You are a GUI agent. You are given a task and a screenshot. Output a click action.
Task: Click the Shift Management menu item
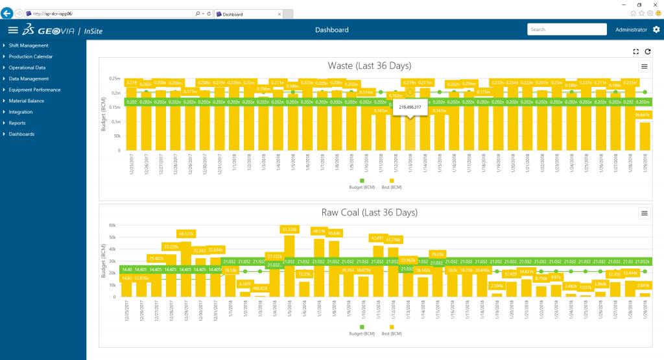tap(29, 45)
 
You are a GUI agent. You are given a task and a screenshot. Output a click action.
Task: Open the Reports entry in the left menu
tap(18, 123)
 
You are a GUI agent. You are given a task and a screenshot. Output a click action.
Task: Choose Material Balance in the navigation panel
tap(27, 101)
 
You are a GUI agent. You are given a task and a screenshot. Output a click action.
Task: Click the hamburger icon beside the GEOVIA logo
tap(12, 30)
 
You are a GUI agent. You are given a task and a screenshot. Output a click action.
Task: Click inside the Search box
tap(567, 30)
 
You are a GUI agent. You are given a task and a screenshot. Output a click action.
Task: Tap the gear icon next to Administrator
tap(656, 30)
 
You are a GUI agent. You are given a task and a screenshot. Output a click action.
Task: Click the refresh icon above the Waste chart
tap(647, 51)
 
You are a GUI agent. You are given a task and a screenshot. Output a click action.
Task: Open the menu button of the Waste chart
tap(644, 66)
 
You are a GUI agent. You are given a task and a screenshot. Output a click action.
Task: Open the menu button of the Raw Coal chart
tap(644, 213)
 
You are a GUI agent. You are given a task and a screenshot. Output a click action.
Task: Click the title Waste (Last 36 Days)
tap(369, 66)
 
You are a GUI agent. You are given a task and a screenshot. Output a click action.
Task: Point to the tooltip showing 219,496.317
tap(410, 107)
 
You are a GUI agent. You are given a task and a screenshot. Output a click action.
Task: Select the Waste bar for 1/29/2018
tap(645, 136)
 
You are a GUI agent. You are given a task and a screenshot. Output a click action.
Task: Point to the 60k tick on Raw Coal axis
tap(112, 226)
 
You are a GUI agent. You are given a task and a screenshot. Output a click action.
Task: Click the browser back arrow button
tap(8, 13)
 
